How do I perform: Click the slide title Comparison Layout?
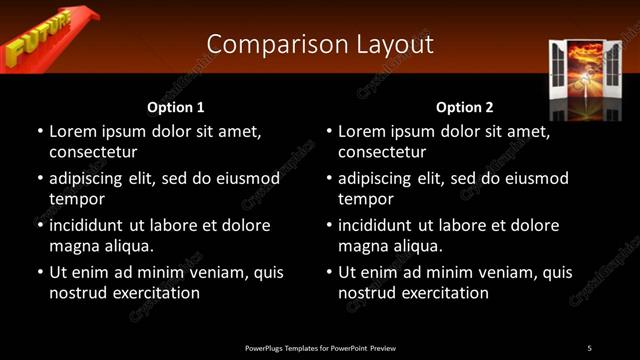click(320, 44)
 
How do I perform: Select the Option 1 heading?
click(176, 107)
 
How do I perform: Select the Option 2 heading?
click(465, 107)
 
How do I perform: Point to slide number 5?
click(589, 348)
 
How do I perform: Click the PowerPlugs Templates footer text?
click(320, 348)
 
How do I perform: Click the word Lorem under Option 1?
click(73, 131)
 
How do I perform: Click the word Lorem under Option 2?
click(362, 131)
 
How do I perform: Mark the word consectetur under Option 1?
click(93, 152)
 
